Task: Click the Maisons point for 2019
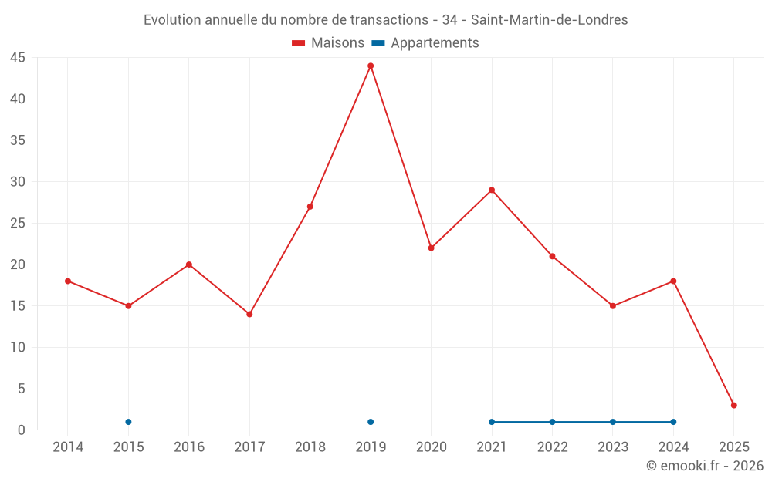(371, 66)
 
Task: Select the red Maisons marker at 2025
(734, 405)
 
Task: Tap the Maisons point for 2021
(492, 190)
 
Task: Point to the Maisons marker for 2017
(249, 314)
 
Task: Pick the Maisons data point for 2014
(68, 281)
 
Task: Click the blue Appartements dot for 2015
(128, 422)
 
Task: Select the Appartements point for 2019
(371, 422)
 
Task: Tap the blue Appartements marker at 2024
(673, 422)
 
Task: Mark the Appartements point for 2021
(492, 422)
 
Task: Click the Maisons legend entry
(328, 43)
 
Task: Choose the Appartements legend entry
(425, 43)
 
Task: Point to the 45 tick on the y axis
(18, 58)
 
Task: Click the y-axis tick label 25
(18, 224)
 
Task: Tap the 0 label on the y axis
(22, 430)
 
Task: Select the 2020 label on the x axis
(432, 447)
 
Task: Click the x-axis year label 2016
(189, 447)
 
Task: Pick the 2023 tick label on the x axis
(613, 447)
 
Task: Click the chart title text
(386, 20)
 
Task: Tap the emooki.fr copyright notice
(705, 466)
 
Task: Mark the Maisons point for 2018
(310, 207)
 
